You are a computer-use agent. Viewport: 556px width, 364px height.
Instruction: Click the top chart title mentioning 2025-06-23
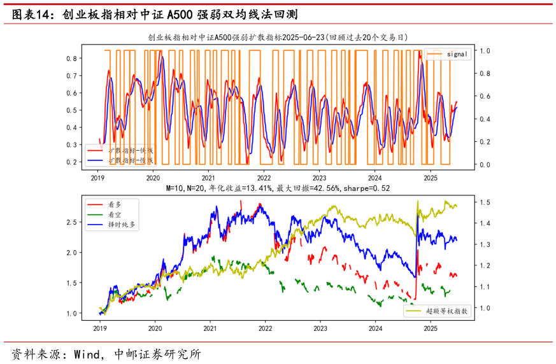coord(278,38)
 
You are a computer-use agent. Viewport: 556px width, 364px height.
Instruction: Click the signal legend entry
coord(457,54)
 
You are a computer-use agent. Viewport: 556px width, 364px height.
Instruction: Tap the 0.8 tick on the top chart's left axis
coord(71,59)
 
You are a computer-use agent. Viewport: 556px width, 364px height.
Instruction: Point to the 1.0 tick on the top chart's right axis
coord(485,50)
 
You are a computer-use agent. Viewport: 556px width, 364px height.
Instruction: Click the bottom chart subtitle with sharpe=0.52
coord(278,188)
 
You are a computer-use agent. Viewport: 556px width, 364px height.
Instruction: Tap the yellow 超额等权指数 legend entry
coord(446,311)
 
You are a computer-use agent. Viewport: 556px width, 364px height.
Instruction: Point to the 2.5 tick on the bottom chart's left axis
coord(71,222)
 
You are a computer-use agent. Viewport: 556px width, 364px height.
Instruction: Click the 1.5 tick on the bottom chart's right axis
coord(485,202)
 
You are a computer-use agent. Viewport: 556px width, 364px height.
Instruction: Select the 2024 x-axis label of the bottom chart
coord(376,329)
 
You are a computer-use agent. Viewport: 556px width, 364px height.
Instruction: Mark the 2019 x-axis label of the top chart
coord(97,179)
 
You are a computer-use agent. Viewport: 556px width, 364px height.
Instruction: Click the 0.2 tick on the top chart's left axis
coord(71,162)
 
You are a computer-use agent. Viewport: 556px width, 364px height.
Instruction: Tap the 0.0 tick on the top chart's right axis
coord(485,165)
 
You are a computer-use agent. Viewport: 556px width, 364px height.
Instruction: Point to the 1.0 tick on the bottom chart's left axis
coord(71,314)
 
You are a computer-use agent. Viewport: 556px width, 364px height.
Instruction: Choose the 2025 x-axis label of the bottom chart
coord(431,329)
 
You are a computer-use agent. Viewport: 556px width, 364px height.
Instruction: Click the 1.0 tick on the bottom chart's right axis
coord(485,308)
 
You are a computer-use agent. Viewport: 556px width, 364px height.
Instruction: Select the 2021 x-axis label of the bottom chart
coord(210,329)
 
